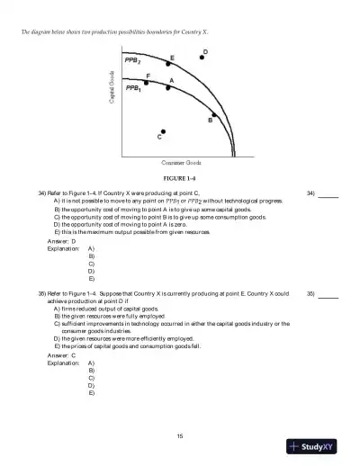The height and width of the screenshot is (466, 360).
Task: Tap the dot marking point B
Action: pos(214,115)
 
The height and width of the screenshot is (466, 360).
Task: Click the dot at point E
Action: pos(167,66)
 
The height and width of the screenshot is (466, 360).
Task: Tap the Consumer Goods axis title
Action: pos(180,162)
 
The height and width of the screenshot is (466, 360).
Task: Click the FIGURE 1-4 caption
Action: pos(180,179)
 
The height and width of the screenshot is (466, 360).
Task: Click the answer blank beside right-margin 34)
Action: pos(328,194)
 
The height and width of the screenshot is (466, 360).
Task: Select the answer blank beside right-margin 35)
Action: pos(328,293)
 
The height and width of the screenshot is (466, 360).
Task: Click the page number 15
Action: pos(180,435)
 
